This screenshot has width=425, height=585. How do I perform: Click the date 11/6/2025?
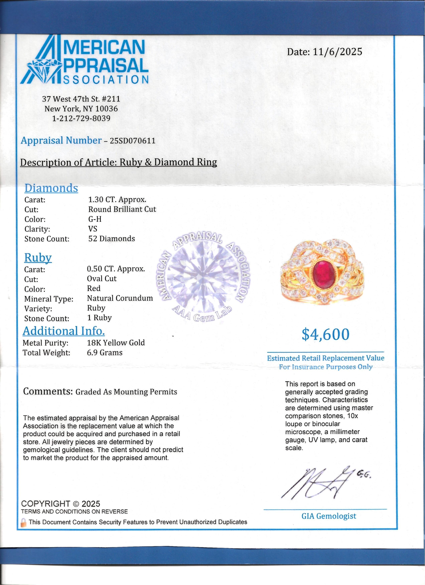[x=337, y=52]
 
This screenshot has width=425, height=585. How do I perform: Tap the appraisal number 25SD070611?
[x=133, y=141]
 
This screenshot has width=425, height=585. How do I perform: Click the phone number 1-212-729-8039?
[x=81, y=118]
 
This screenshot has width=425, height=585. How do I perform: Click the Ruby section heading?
[x=38, y=257]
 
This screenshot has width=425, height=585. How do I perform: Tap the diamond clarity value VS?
[x=93, y=229]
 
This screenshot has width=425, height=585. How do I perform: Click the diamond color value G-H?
[x=95, y=219]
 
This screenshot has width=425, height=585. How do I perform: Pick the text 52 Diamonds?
[x=111, y=239]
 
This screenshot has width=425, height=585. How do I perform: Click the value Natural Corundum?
[x=120, y=298]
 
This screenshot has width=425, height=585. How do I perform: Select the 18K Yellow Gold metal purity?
[x=116, y=343]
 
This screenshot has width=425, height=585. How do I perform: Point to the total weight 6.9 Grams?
[x=105, y=353]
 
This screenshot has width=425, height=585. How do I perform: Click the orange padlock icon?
[x=24, y=522]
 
